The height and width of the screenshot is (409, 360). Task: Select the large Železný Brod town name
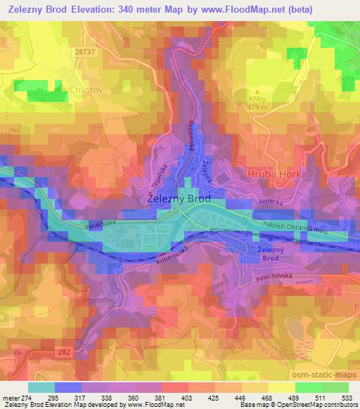[179, 199]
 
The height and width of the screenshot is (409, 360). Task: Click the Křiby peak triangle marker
[258, 91]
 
